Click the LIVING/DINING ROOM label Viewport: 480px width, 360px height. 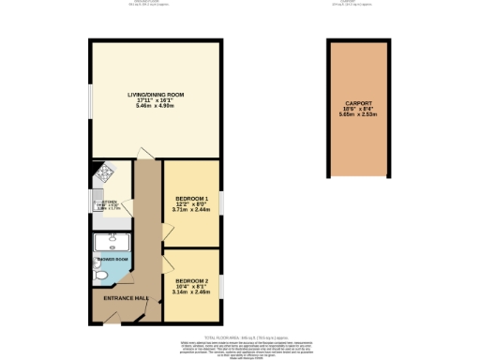[x=157, y=95]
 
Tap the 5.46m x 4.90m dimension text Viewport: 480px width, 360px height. [x=157, y=106]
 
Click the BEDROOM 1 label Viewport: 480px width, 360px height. [x=192, y=199]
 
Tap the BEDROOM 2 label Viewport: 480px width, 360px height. [x=192, y=280]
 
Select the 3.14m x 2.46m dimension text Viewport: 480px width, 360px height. [x=192, y=292]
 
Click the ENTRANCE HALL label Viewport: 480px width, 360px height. [x=127, y=298]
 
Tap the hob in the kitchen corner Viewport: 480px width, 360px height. [x=106, y=172]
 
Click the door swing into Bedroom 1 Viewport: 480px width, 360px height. [x=166, y=230]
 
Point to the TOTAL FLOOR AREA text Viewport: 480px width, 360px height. [x=239, y=335]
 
